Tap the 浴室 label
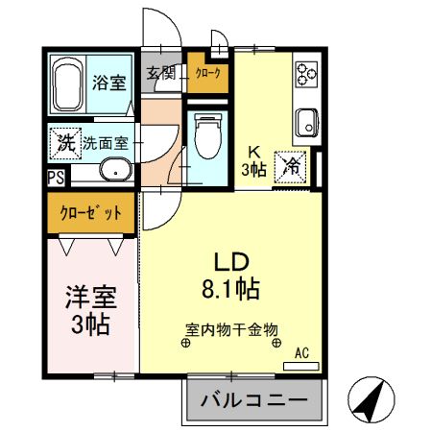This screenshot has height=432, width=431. [108, 82]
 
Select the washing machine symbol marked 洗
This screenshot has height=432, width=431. [63, 142]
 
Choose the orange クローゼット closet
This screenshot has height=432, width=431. [91, 213]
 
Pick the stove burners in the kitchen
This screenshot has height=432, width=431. [306, 74]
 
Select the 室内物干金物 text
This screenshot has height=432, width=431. [230, 328]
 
